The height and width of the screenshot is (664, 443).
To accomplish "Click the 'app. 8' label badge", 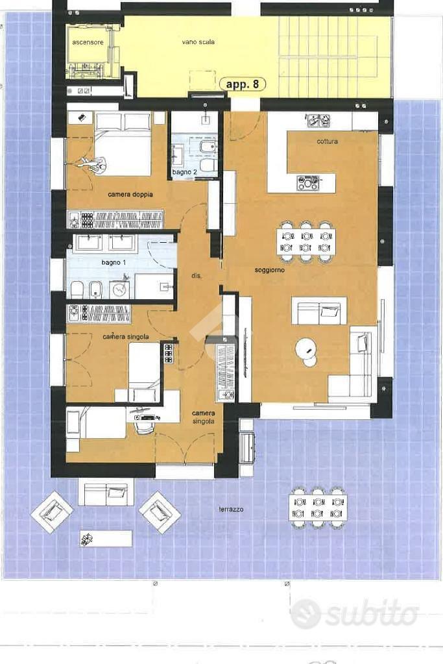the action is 243,84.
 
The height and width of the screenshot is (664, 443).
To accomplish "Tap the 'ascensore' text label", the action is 88,42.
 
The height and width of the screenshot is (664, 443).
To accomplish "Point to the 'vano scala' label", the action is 198,42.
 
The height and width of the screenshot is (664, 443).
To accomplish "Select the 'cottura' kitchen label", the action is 327,141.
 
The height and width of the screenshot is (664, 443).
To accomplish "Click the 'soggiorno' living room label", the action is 270,270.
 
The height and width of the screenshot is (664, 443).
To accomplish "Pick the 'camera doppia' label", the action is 130,194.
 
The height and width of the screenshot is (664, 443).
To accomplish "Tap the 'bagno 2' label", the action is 184,173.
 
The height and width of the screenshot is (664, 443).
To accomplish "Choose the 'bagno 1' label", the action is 114,263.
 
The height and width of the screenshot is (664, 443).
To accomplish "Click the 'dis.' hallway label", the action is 196,276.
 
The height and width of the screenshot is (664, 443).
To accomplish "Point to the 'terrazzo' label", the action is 231,509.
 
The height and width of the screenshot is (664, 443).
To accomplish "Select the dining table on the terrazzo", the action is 318,508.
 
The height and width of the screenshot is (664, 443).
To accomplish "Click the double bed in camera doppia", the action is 123,144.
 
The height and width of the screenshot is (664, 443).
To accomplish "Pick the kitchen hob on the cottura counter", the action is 308,183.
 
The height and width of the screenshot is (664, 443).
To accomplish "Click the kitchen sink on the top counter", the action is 318,120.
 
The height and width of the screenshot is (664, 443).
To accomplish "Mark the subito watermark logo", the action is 355,613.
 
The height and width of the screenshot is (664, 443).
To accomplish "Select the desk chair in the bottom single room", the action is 143,426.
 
